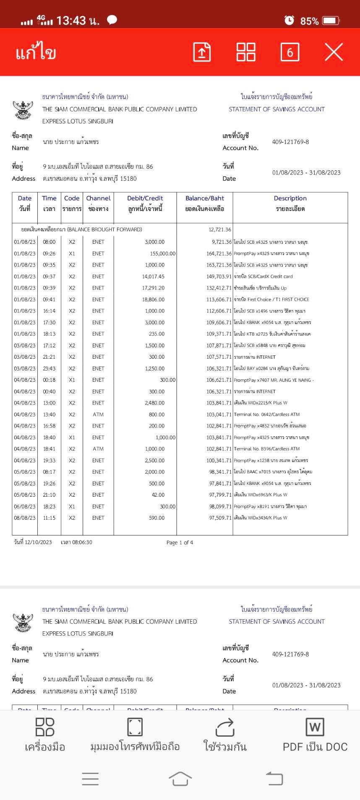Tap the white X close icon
click(x=334, y=52)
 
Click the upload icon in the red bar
click(x=202, y=52)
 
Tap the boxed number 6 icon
click(x=290, y=52)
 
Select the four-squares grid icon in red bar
click(x=246, y=52)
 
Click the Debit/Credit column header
click(x=145, y=198)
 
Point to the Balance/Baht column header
click(x=205, y=198)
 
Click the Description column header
click(x=290, y=198)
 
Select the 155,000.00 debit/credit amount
click(x=163, y=253)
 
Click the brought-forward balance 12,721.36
click(x=220, y=229)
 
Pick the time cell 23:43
click(x=49, y=368)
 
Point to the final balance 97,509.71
click(x=220, y=518)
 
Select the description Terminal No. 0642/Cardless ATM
click(x=267, y=414)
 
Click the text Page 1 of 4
click(x=180, y=542)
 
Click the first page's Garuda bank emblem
click(x=23, y=109)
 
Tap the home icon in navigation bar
click(x=180, y=779)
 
